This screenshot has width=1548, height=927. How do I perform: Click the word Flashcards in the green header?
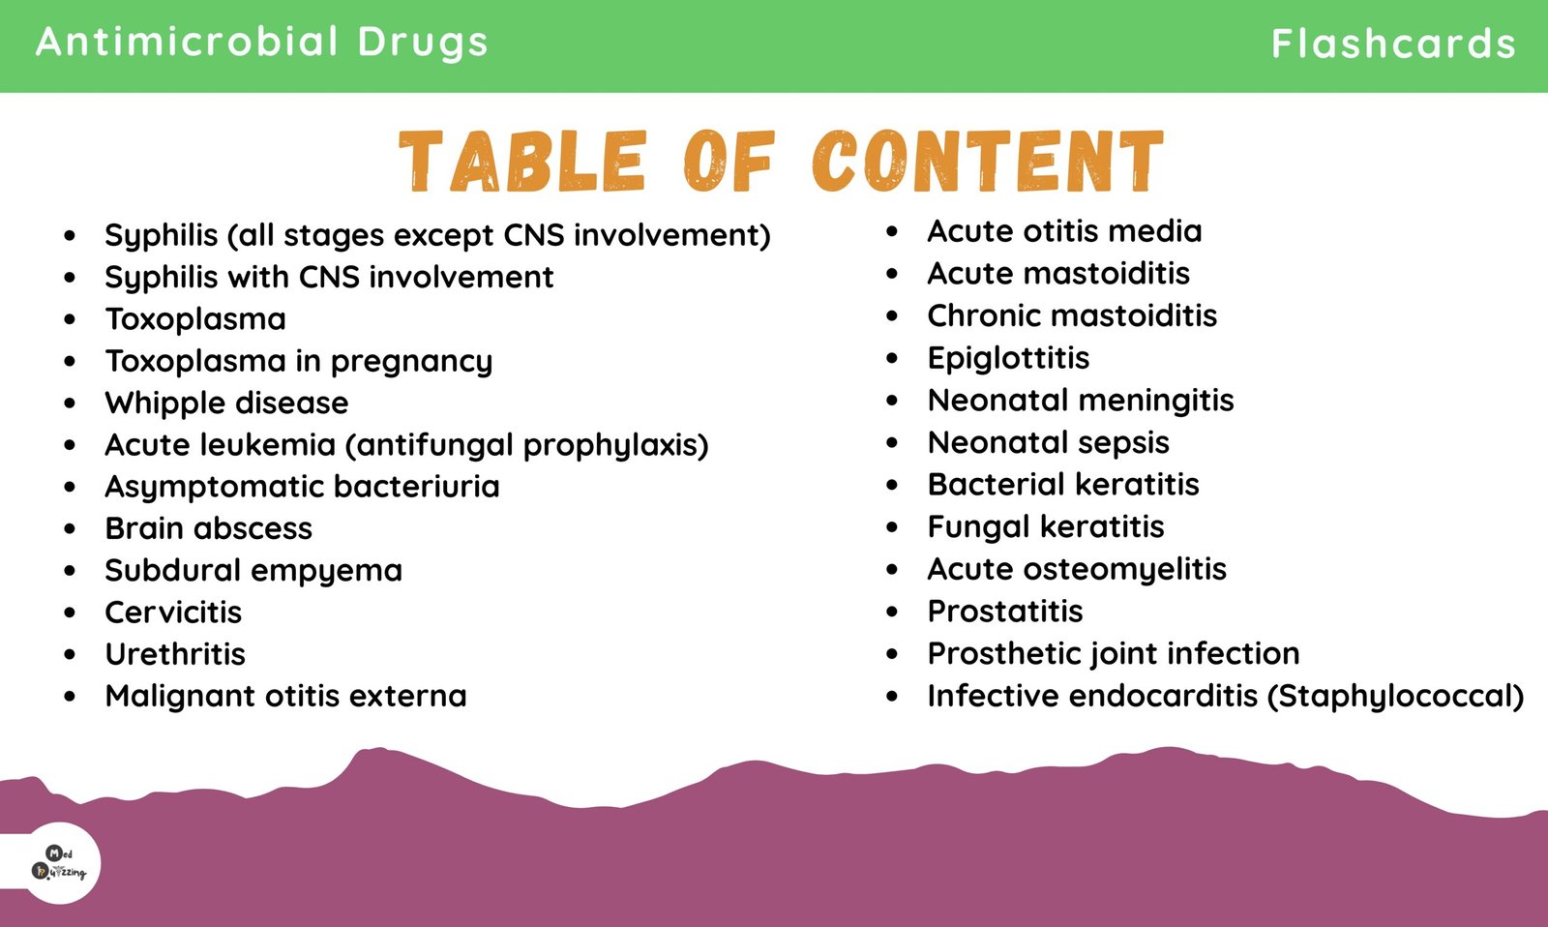click(x=1393, y=44)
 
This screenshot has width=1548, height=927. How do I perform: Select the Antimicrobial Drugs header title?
click(x=262, y=42)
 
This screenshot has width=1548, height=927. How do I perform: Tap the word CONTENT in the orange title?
click(x=988, y=161)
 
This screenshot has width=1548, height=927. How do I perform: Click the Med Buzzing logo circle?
click(x=60, y=863)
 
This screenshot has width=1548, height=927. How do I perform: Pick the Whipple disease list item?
click(x=226, y=403)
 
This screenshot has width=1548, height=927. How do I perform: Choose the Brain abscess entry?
click(x=209, y=528)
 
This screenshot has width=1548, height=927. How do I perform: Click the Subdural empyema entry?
click(x=253, y=571)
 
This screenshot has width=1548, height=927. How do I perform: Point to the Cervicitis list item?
click(x=173, y=612)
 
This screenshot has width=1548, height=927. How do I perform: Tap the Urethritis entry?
click(x=175, y=654)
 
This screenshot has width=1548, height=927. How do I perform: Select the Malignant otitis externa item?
click(x=286, y=696)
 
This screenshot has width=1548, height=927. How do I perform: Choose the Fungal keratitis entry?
click(x=1046, y=527)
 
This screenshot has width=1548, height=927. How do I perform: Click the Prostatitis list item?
click(x=1005, y=612)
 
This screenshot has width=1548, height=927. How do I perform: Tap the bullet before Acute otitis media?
click(x=892, y=231)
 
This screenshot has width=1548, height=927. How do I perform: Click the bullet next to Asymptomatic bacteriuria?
click(x=70, y=487)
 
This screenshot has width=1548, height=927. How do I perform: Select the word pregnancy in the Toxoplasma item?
click(x=412, y=362)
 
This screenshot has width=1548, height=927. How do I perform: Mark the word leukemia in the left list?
click(x=268, y=444)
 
